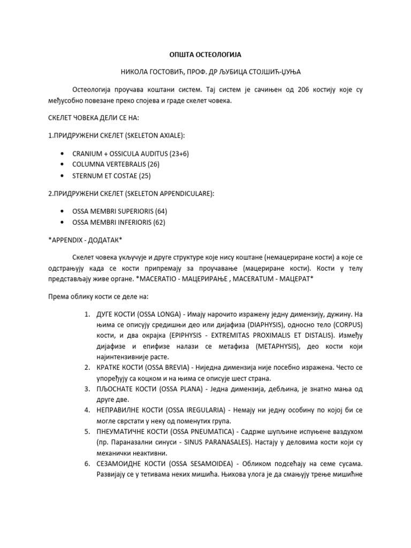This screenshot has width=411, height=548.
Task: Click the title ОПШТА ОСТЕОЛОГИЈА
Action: pos(205,55)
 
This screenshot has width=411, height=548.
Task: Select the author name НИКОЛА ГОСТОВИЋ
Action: pos(154,72)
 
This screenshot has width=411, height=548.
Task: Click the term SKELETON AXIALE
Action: pos(156,136)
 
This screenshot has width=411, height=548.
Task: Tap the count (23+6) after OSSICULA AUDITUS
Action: pos(179,154)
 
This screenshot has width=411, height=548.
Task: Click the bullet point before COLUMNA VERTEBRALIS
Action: pos(64,164)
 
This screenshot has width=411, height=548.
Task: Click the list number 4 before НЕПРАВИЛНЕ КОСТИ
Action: pos(87,412)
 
